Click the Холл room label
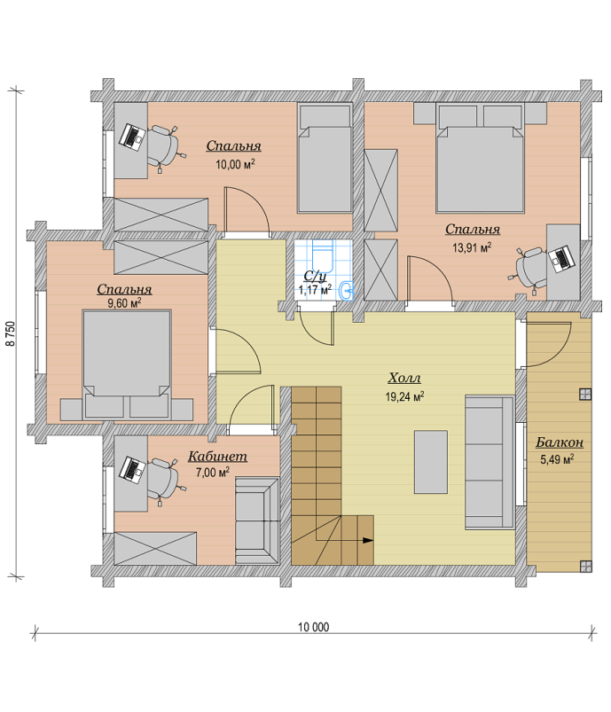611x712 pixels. (404, 378)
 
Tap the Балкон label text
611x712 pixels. (560, 442)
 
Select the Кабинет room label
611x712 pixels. (217, 456)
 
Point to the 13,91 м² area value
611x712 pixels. (472, 247)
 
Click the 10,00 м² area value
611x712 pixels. (235, 164)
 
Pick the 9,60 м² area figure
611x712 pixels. (124, 303)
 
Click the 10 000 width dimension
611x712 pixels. (313, 627)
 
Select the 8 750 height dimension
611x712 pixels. (11, 333)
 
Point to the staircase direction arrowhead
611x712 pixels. (367, 540)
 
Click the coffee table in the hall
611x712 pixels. (431, 462)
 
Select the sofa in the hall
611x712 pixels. (490, 462)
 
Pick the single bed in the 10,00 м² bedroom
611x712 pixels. (325, 158)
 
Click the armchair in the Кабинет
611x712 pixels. (257, 520)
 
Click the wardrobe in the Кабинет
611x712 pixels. (155, 549)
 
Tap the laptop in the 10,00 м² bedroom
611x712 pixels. (132, 136)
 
